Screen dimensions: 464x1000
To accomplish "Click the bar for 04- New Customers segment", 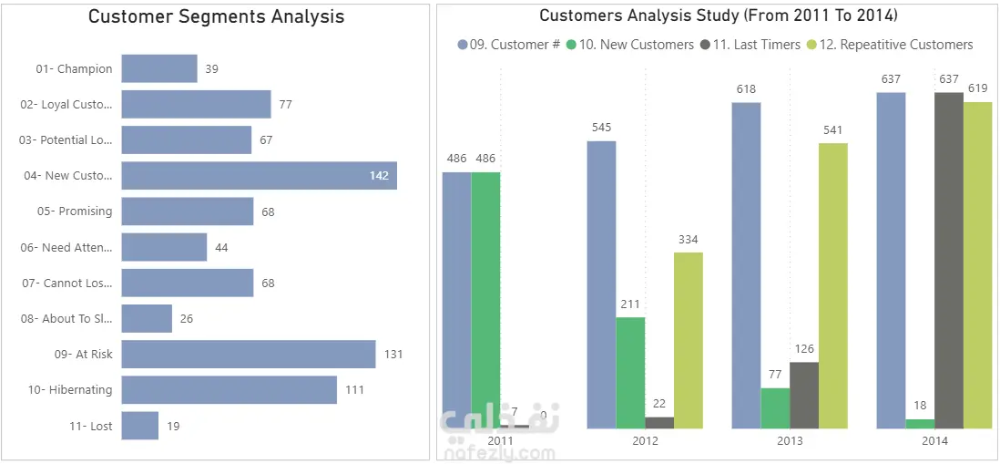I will (x=259, y=176).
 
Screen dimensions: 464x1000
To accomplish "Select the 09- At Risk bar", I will (x=248, y=354).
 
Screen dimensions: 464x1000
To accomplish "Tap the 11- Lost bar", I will (x=139, y=426).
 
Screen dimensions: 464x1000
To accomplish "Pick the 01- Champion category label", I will (x=74, y=68).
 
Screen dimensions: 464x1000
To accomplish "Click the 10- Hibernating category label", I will (x=70, y=390).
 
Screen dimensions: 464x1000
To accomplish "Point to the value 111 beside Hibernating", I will (x=354, y=390).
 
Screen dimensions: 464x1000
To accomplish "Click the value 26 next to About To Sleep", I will (x=187, y=319).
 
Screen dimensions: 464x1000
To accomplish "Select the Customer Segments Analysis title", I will (x=216, y=16).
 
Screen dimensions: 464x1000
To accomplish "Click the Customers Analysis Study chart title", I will (x=719, y=15).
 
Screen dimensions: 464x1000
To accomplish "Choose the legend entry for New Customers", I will (x=629, y=45).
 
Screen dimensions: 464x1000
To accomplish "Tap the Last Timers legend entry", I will (x=750, y=45).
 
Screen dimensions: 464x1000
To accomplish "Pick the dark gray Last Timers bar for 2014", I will (x=949, y=260).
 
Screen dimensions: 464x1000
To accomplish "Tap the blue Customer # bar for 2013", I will (x=746, y=264).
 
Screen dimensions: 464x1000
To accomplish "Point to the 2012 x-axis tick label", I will (x=645, y=441).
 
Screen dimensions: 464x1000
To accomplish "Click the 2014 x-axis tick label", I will (x=934, y=441).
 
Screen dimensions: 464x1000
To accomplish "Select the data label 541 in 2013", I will (x=832, y=130).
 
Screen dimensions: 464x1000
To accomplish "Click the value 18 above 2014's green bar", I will (x=920, y=406).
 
